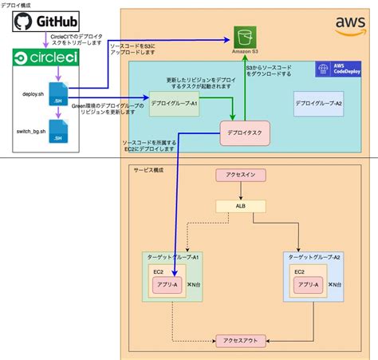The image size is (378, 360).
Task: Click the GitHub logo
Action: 49,17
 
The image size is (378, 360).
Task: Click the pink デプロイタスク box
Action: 244,133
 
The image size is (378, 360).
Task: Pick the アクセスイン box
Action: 240,174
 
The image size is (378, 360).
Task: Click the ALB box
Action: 240,206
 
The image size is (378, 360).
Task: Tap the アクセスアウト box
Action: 240,339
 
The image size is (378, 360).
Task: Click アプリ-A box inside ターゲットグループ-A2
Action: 308,284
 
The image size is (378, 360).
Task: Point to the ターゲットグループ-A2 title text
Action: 316,257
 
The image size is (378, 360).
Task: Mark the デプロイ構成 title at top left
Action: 17,4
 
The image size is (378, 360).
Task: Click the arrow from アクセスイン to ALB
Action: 240,190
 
